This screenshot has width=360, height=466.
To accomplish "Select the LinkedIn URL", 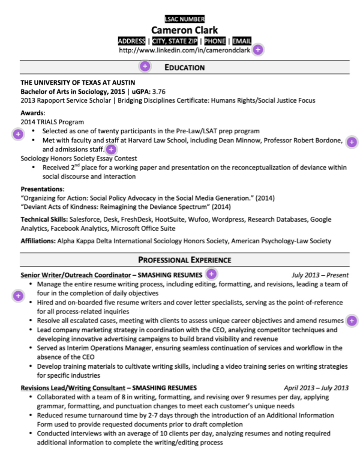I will click(184, 50).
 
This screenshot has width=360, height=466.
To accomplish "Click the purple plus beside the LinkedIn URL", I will click(257, 50).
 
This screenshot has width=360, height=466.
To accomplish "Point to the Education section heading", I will click(184, 67).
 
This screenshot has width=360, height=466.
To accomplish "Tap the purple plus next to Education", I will click(145, 67).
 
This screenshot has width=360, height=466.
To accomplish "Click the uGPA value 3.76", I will click(158, 92).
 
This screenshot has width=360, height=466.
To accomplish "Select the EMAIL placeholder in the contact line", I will click(242, 41).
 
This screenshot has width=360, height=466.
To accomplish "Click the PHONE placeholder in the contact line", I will click(214, 41).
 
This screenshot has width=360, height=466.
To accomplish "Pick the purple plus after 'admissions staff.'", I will click(112, 149).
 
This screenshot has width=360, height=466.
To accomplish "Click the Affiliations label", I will click(38, 241).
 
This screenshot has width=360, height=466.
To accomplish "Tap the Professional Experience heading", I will click(184, 260).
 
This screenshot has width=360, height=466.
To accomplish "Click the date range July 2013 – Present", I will click(320, 274).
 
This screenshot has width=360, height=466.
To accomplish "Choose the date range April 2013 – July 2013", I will click(316, 387).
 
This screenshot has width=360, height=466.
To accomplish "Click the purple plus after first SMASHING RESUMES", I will click(211, 274).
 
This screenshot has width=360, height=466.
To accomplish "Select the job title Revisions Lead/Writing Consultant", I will click(71, 387).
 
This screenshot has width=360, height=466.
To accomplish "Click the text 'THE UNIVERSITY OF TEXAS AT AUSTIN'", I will click(78, 82).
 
